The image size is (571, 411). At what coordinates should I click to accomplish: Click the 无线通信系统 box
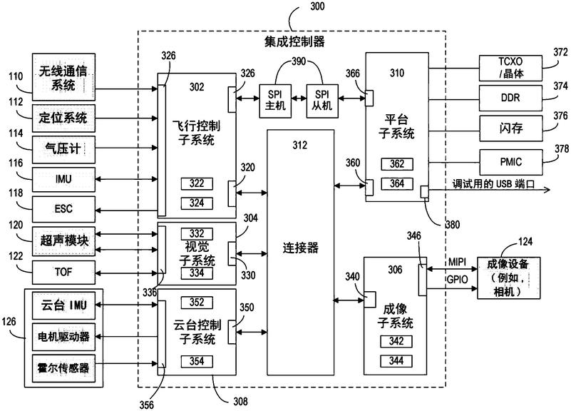click(x=63, y=78)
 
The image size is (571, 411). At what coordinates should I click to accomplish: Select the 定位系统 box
click(x=63, y=116)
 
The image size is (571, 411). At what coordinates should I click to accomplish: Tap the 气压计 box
click(x=63, y=147)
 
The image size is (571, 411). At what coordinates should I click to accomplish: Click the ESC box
click(x=63, y=209)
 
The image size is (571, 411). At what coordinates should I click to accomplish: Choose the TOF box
click(x=63, y=272)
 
